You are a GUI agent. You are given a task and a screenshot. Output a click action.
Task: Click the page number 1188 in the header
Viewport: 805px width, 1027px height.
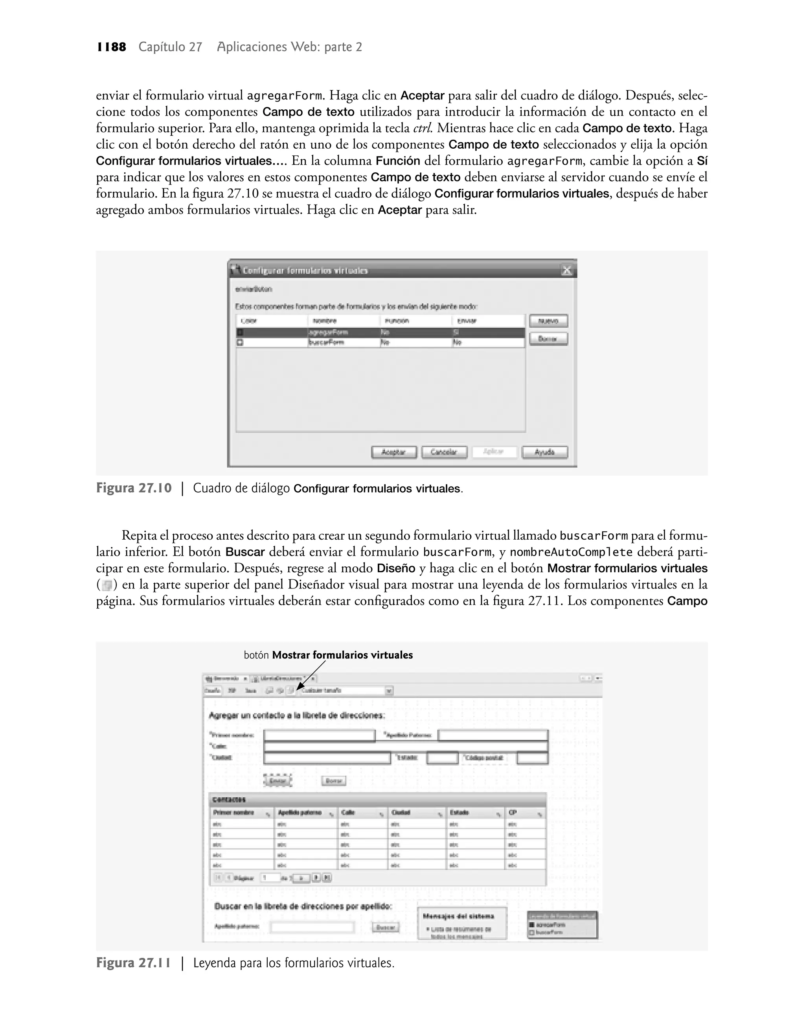(112, 47)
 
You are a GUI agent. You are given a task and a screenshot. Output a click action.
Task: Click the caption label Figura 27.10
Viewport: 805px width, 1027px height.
(134, 488)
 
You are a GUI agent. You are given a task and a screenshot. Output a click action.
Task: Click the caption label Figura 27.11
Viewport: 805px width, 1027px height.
(134, 963)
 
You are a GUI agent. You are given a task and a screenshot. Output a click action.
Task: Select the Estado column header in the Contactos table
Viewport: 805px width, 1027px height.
(459, 813)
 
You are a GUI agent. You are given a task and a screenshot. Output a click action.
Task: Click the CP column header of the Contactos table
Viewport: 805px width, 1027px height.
(513, 813)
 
